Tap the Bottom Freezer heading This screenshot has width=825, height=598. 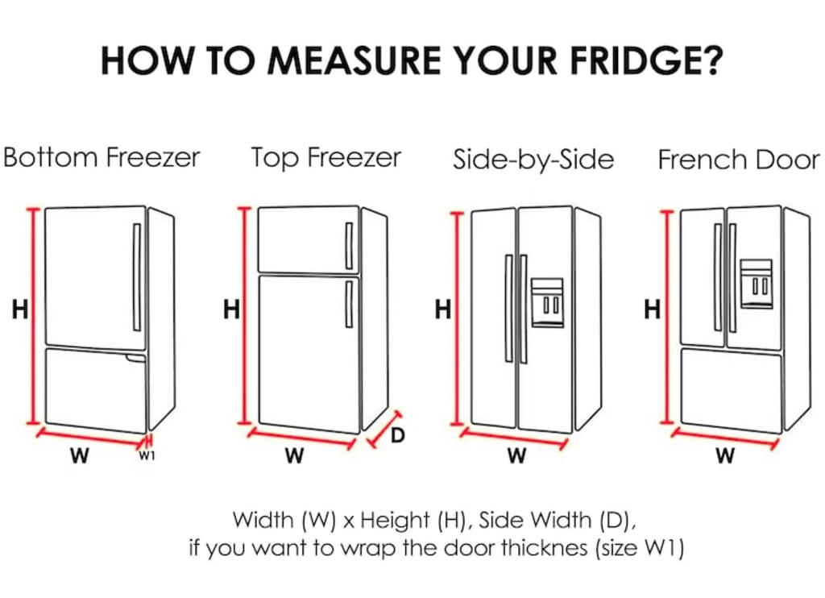click(102, 157)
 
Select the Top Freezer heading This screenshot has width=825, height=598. click(326, 158)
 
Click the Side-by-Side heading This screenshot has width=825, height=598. click(533, 159)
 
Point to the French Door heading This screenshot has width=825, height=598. click(739, 159)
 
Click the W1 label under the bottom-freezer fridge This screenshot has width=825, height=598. click(147, 455)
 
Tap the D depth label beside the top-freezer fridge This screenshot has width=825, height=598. click(398, 435)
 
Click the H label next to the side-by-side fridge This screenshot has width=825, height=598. click(443, 309)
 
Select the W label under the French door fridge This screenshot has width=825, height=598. click(724, 455)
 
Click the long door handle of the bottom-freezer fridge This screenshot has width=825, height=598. click(137, 277)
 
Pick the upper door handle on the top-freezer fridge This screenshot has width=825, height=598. click(349, 246)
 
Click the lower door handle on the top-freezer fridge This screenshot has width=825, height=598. click(349, 305)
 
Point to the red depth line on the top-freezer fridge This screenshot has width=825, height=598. click(383, 430)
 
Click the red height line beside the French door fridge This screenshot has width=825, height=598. click(667, 317)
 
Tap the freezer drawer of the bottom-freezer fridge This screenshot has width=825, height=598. click(96, 390)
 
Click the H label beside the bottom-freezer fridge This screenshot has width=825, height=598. click(20, 309)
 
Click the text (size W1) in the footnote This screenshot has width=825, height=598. click(640, 549)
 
